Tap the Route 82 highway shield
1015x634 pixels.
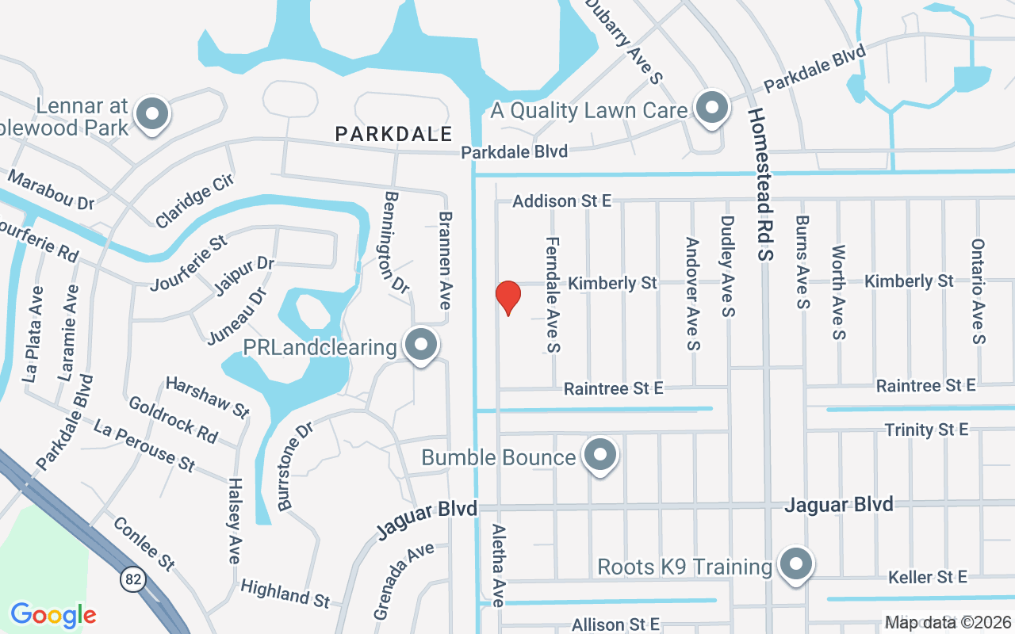133,579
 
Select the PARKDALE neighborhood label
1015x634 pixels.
393,134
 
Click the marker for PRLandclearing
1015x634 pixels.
421,346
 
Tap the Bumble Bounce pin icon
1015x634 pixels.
600,456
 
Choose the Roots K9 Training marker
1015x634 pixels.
795,565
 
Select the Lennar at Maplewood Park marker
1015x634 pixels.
151,115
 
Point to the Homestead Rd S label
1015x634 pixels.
761,183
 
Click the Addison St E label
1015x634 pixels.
561,201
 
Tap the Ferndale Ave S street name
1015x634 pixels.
553,294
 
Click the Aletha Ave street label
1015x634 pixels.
498,565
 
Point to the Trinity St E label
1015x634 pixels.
926,430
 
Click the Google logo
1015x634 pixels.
53,615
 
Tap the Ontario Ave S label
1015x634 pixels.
979,292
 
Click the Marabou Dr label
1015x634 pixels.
52,191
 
